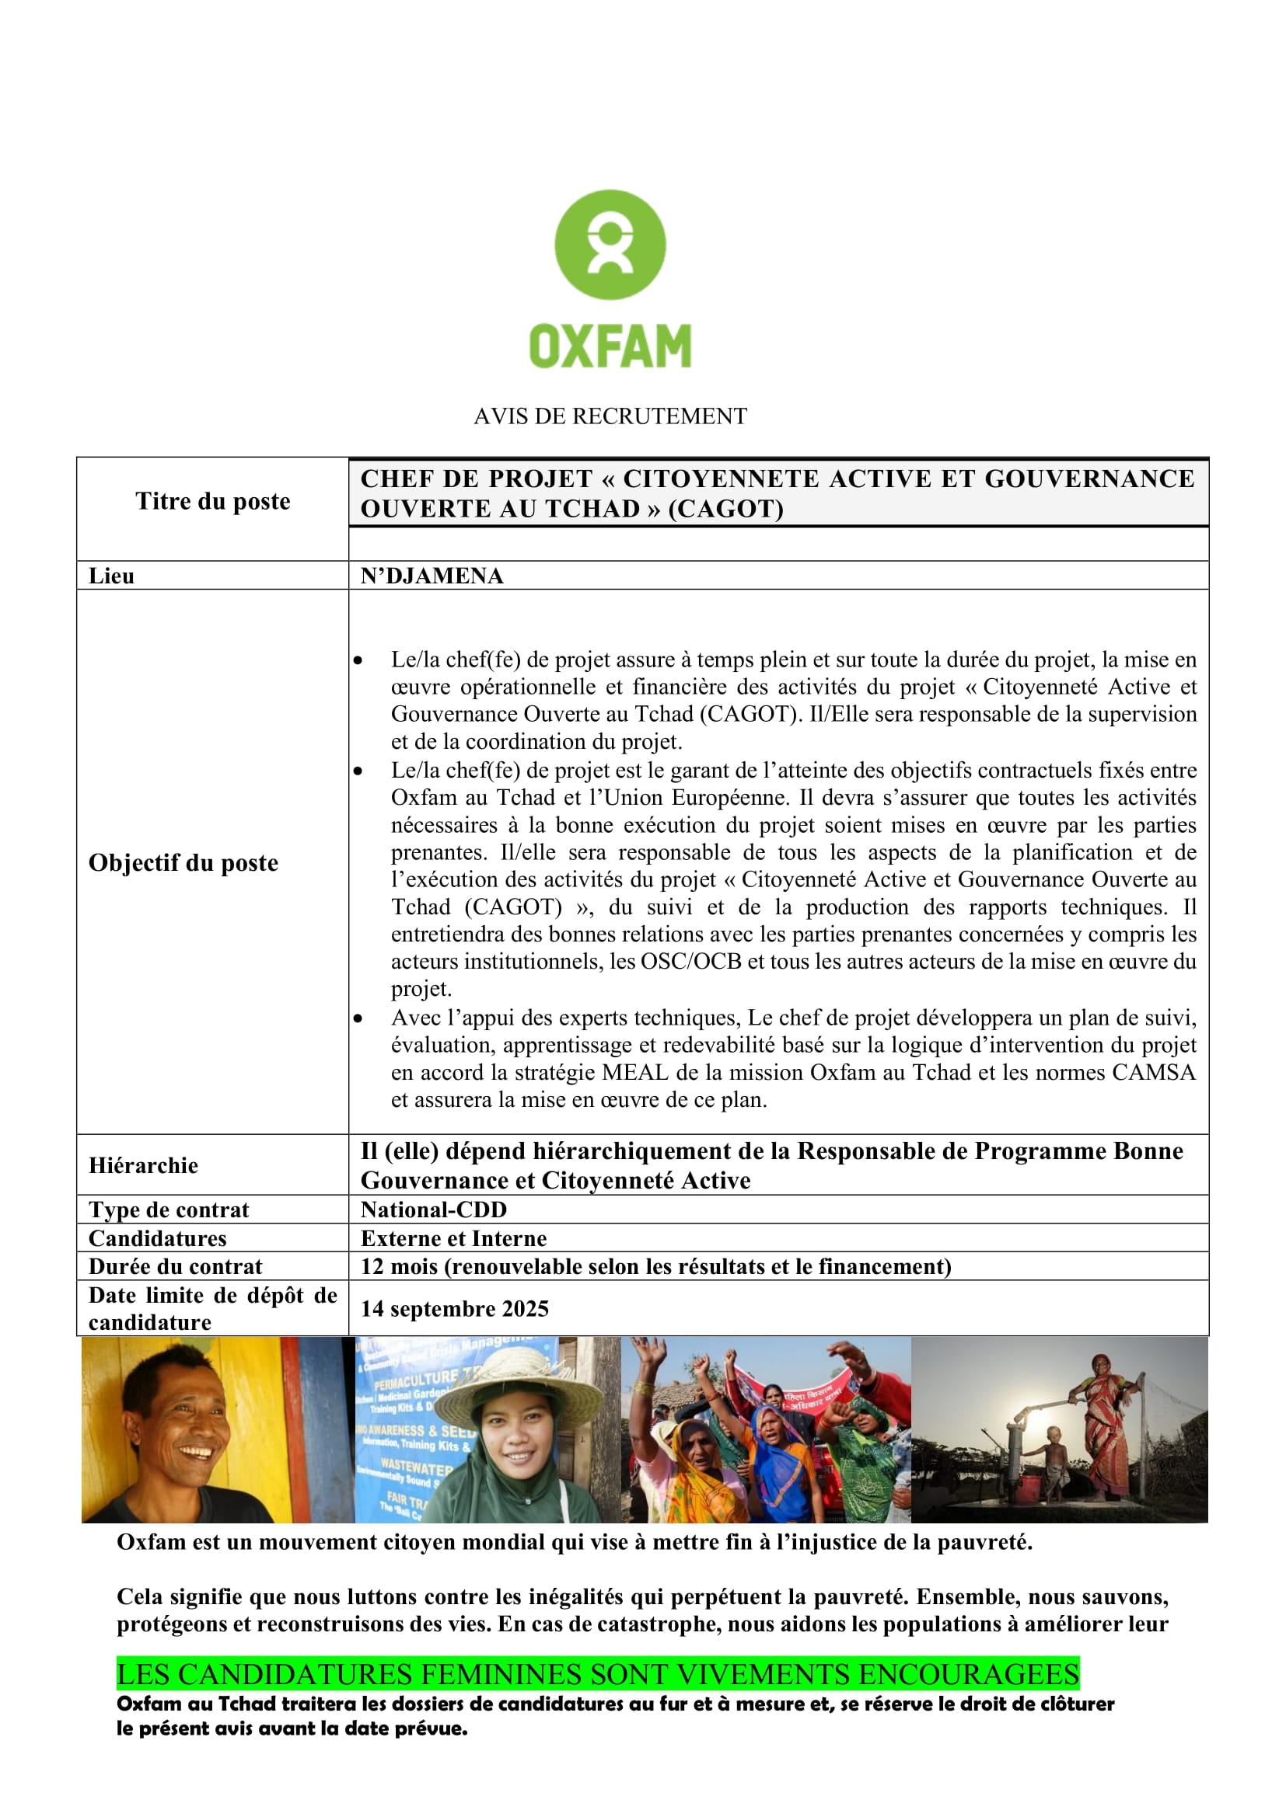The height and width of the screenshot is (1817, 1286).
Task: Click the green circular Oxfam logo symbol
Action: click(x=610, y=245)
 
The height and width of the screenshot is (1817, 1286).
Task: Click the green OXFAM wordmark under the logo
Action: click(x=610, y=346)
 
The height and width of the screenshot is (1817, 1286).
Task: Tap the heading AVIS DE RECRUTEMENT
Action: click(x=610, y=416)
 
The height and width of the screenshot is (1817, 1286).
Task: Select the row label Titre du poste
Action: click(x=213, y=501)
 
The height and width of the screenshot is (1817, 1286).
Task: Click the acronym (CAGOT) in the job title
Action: click(x=726, y=509)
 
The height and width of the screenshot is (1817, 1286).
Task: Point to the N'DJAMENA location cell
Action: click(x=432, y=576)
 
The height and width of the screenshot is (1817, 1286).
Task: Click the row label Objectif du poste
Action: click(x=183, y=862)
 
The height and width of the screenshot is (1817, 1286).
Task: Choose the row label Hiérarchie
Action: click(x=143, y=1165)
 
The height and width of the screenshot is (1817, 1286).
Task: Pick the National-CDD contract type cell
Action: click(x=434, y=1210)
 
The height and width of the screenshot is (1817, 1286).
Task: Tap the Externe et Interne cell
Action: click(x=454, y=1237)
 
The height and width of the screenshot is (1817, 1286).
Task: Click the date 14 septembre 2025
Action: click(x=455, y=1308)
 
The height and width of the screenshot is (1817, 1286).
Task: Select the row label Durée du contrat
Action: click(x=175, y=1266)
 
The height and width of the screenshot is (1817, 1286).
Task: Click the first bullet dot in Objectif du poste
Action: click(x=358, y=660)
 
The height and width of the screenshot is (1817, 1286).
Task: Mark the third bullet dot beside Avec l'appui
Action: click(x=358, y=1018)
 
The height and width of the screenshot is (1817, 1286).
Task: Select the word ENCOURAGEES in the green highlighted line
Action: click(x=969, y=1675)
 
